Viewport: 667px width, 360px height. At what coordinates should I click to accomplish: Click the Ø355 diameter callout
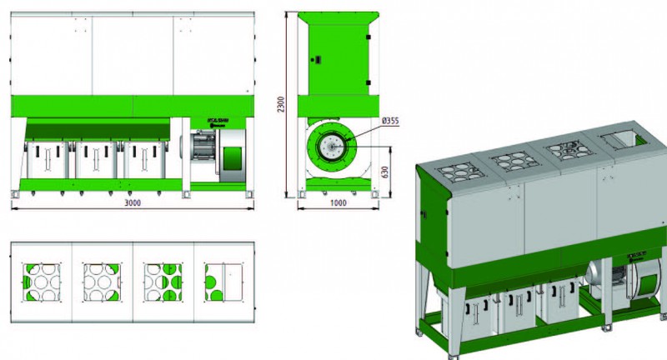pos(390,122)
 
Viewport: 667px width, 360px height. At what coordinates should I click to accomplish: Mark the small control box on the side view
pos(318,59)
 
